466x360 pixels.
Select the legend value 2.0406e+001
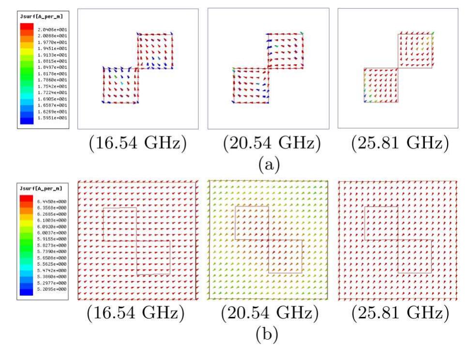[50, 30]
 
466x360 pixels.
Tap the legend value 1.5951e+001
[50, 118]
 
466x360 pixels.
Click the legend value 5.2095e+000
[50, 289]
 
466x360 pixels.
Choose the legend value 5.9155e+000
[50, 239]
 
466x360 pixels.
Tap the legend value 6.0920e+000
[50, 226]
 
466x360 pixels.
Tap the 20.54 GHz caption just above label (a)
[267, 144]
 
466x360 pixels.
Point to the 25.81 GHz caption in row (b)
[397, 314]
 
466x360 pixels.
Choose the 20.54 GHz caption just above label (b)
[267, 314]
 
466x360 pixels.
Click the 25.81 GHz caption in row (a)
[397, 144]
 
